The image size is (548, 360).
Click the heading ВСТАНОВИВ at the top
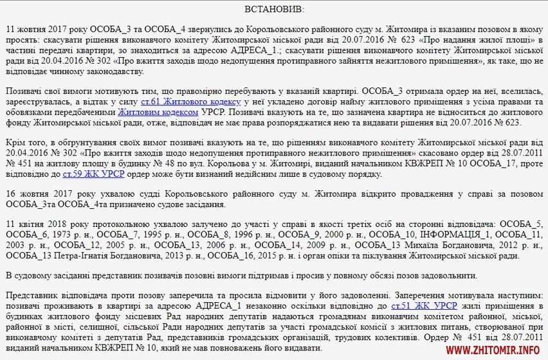[273, 10]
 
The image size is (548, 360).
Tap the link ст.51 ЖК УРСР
[411, 307]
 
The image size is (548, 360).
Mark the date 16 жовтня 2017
[42, 194]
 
